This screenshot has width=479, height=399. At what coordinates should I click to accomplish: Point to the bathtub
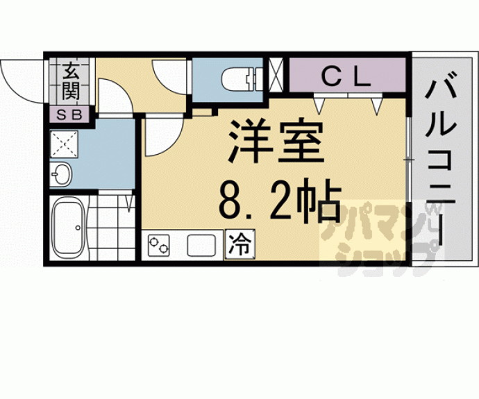pyautogui.click(x=68, y=227)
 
